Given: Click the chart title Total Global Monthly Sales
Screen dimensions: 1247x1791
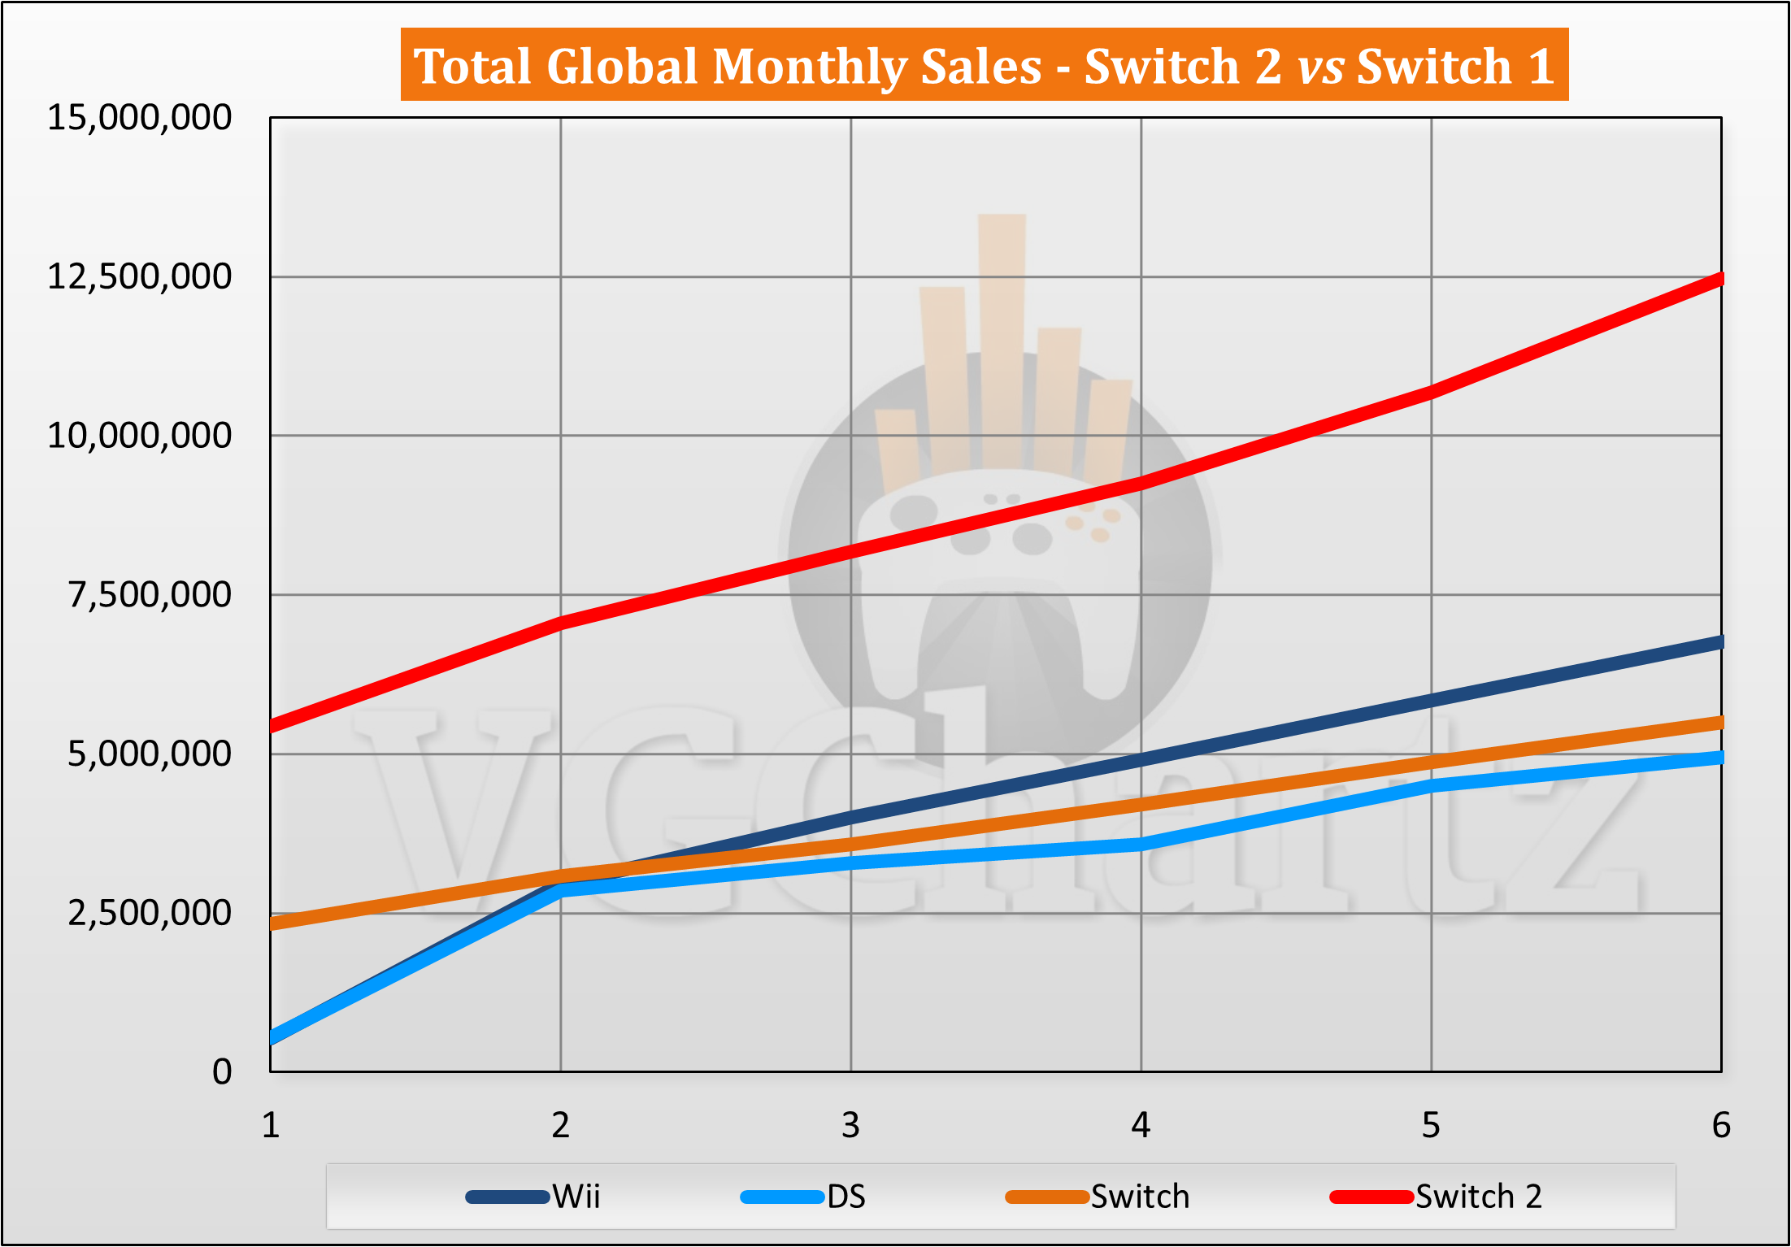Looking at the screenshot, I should click(984, 65).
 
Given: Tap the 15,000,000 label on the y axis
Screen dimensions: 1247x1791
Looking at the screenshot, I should click(140, 118).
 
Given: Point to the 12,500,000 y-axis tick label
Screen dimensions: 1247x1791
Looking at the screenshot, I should click(140, 277).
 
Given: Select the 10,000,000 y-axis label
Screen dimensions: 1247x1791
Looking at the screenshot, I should click(140, 436).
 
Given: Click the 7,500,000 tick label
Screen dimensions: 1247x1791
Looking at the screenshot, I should click(150, 595).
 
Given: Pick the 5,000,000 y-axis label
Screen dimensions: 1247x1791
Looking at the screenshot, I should click(150, 754).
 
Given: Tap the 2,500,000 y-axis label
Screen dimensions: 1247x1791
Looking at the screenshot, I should click(150, 913).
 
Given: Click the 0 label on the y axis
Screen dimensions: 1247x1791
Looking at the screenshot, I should click(222, 1072).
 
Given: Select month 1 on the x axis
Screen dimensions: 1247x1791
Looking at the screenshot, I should click(271, 1126).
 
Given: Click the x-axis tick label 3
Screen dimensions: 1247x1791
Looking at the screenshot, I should click(850, 1126).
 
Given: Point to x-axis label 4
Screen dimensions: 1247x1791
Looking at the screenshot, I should click(1141, 1126).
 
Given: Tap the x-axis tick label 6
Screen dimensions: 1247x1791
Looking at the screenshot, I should click(1720, 1126).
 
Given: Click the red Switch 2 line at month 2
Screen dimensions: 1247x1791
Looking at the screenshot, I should click(561, 623).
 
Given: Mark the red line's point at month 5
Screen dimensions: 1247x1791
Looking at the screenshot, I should click(1431, 392).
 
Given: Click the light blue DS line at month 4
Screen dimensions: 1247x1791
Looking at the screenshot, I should click(1141, 844).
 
